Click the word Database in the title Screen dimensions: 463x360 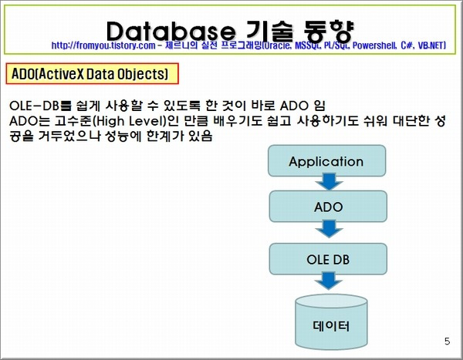(171, 31)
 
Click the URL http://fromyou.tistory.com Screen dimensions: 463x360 (103, 45)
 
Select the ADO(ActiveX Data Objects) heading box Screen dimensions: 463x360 (92, 73)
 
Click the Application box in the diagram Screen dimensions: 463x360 (326, 161)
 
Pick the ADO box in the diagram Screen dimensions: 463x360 (328, 207)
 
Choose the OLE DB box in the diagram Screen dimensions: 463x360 (328, 259)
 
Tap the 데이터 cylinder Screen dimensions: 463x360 (331, 321)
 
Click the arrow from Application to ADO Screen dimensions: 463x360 (329, 181)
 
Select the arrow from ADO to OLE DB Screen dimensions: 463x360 (329, 228)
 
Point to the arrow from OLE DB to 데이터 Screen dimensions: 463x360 (329, 281)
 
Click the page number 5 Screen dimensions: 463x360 (447, 341)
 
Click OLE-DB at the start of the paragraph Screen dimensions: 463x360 (34, 106)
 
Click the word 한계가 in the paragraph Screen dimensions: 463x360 (164, 136)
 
